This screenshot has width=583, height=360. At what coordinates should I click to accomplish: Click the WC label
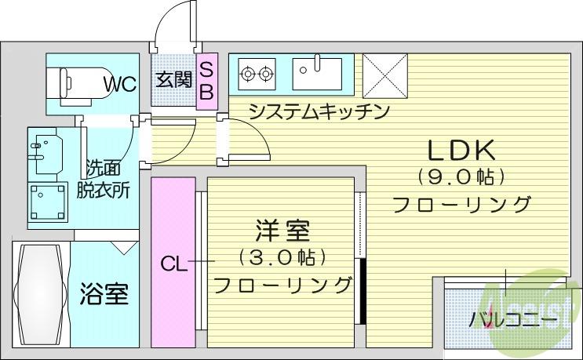click(120, 85)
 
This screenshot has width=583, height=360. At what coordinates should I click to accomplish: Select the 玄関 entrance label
click(173, 79)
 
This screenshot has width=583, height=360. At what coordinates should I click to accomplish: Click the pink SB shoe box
click(206, 82)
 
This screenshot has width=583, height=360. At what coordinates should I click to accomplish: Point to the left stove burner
click(247, 74)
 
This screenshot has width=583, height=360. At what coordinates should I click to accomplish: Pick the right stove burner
click(265, 74)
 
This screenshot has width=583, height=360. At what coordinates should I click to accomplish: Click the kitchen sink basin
click(317, 74)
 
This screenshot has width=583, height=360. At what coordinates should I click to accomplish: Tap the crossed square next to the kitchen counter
click(384, 76)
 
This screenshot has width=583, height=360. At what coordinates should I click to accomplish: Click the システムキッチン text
click(319, 111)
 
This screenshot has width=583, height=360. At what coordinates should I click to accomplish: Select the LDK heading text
click(461, 151)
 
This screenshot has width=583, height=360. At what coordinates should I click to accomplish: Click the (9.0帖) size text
click(461, 176)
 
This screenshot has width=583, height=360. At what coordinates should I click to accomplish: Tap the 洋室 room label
click(282, 231)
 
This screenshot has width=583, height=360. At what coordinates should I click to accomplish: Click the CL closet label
click(173, 264)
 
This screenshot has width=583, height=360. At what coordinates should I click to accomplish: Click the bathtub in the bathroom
click(40, 295)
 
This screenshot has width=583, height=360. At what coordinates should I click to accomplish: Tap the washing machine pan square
click(48, 202)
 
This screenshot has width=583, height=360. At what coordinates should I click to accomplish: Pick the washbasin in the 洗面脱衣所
click(46, 153)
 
